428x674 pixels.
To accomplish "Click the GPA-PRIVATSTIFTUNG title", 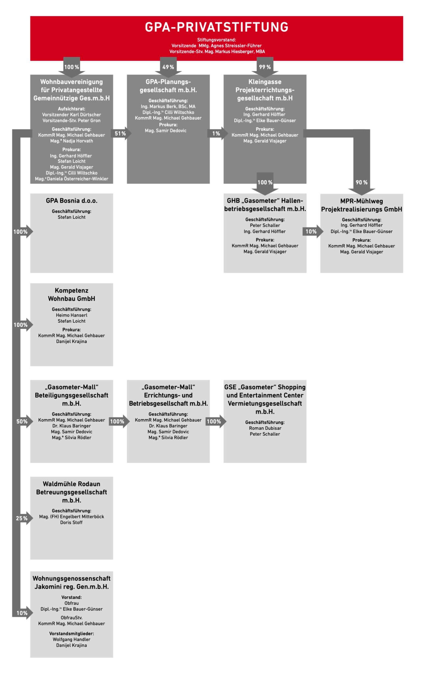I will (216, 27).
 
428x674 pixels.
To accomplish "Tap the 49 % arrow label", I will (168, 67).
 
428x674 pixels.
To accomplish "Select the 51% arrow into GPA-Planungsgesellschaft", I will (121, 133).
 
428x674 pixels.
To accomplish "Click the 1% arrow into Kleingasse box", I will (216, 133).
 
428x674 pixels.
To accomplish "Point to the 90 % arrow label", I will (361, 182).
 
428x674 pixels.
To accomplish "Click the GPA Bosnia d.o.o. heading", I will (71, 201).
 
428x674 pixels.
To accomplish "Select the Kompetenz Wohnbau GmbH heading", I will (71, 295).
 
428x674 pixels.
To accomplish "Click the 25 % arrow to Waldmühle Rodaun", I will (22, 518).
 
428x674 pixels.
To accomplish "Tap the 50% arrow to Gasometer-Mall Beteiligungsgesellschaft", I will (22, 422).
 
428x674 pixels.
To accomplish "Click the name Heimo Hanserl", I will (71, 315).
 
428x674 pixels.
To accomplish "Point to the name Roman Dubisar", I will (265, 428).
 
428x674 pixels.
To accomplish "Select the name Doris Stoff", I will (71, 522).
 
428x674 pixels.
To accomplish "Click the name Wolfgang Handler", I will (71, 639).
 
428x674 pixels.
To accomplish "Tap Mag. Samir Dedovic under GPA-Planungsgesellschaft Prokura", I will (165, 131).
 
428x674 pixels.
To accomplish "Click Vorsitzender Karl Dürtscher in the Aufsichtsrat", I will (71, 115).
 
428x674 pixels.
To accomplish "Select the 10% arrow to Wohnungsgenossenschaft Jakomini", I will (22, 613).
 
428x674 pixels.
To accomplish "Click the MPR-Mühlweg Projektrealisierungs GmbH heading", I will (361, 205).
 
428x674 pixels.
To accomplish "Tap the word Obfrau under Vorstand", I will (71, 603).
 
